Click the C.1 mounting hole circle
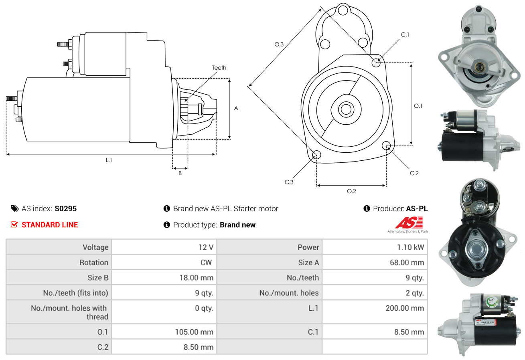click(376, 63)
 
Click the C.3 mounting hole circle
click(316, 155)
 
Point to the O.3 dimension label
click(279, 44)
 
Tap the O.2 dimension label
click(351, 191)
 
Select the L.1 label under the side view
click(109, 160)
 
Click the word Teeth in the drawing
click(219, 68)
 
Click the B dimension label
click(180, 173)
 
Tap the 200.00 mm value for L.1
click(405, 308)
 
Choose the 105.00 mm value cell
click(195, 332)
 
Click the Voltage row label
click(95, 247)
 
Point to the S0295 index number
click(65, 208)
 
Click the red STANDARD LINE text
click(50, 225)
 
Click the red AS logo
click(409, 222)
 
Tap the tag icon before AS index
click(14, 208)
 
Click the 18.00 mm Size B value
click(196, 277)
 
